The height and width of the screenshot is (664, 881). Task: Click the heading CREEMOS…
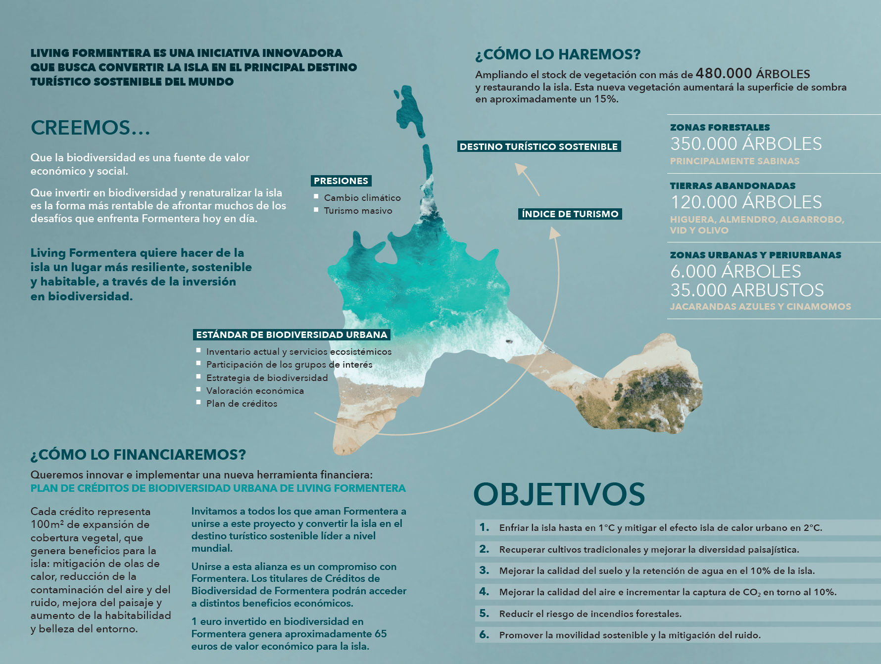point(90,128)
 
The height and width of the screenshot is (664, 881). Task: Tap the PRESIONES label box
point(341,181)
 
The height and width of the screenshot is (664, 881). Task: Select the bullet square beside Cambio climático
point(316,197)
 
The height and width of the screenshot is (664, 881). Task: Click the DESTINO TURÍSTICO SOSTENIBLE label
point(538,146)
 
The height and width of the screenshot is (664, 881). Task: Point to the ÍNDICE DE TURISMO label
point(570,214)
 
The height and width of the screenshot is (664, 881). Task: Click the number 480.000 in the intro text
point(724,74)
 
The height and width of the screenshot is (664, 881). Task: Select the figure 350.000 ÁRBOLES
point(745,144)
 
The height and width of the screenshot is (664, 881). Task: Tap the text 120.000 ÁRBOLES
point(745,202)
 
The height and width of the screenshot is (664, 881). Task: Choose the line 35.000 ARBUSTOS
point(746,290)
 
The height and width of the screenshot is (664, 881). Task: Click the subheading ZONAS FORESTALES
point(720,128)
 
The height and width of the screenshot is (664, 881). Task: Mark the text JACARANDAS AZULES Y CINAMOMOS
point(760,307)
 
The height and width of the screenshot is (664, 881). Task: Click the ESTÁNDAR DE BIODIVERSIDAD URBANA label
point(292,335)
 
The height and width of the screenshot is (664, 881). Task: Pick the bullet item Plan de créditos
point(242,404)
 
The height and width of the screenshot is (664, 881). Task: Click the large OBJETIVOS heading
point(559,494)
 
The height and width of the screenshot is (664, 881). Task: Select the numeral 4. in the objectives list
point(484,592)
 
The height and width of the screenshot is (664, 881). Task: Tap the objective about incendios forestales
point(590,614)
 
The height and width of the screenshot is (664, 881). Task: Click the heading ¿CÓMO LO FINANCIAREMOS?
point(138,455)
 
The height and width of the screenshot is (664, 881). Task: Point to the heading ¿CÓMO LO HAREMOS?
point(558,54)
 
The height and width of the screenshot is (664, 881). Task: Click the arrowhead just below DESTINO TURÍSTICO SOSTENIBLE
point(520,168)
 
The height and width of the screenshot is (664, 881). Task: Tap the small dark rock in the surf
point(508,341)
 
